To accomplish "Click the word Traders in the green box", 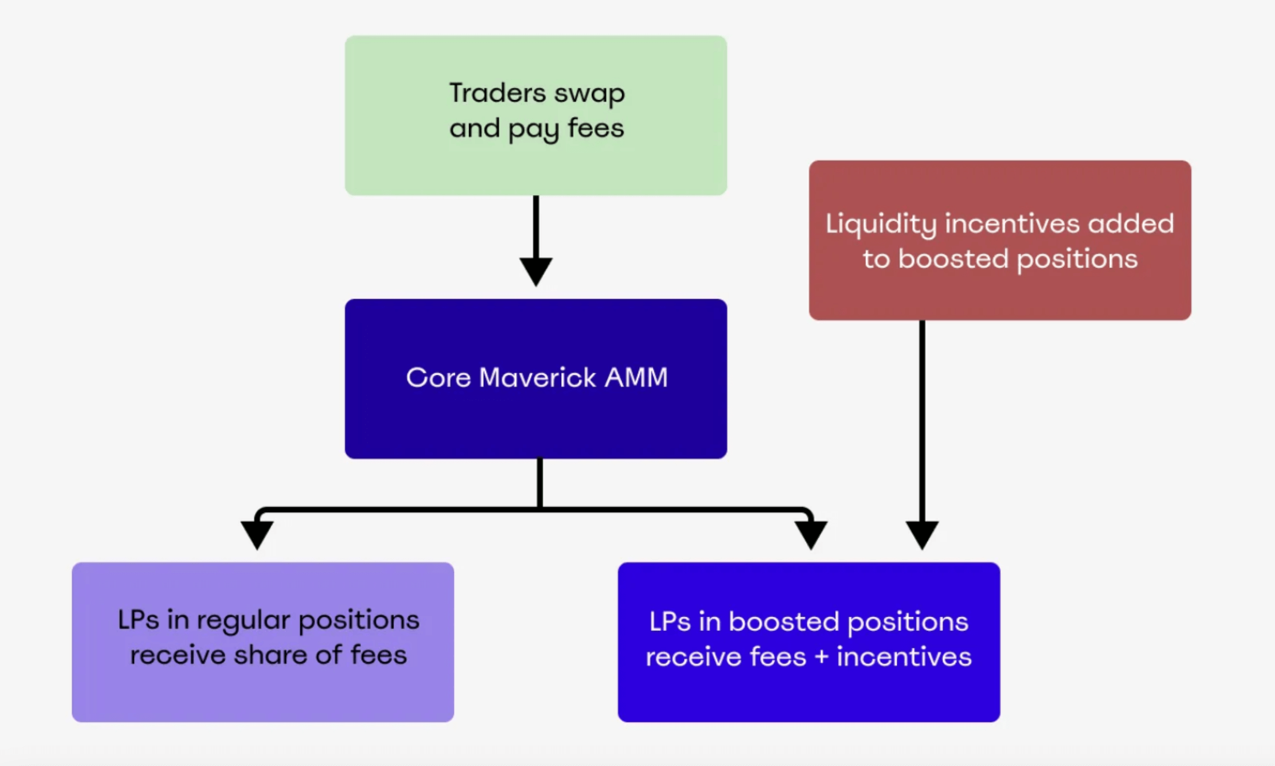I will (497, 93).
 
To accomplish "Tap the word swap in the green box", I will (589, 94).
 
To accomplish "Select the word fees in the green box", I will (596, 129).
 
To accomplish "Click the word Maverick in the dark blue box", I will (537, 378).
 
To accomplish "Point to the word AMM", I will (636, 378).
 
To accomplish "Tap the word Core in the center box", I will (438, 378).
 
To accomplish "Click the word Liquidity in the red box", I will (881, 224).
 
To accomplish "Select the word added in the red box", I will (1131, 224).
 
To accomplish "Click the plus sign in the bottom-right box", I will (822, 657).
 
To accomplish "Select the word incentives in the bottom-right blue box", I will (904, 656).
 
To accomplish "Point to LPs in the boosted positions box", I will (670, 622).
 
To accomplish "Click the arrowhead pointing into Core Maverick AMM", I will (536, 271).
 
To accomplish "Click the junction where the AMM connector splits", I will (539, 509).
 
